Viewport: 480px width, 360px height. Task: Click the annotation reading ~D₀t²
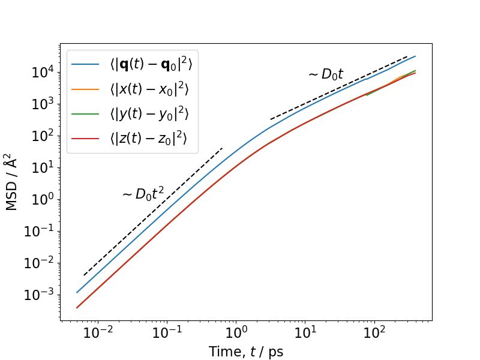pos(143,193)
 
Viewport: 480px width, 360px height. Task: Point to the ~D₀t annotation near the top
pos(325,74)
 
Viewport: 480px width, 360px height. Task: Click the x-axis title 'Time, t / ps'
pos(245,352)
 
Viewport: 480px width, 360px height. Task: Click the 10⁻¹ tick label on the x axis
pos(166,333)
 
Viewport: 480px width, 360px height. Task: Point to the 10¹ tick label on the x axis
pos(305,333)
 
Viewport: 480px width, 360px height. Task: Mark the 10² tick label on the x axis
pos(374,333)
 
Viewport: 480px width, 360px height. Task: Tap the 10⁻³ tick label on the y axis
pos(38,295)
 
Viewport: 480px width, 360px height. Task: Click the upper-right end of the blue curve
pos(415,56)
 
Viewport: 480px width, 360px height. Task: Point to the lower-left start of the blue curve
pos(77,293)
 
